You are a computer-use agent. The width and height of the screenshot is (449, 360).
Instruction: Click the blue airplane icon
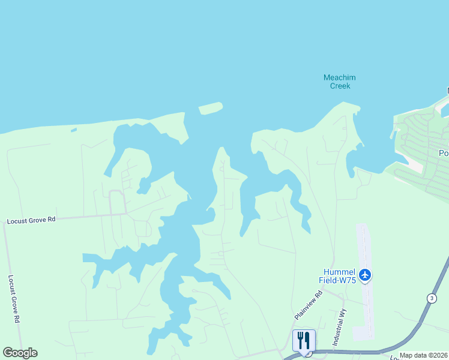[365, 275]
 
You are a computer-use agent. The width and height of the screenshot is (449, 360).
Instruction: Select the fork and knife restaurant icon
[304, 340]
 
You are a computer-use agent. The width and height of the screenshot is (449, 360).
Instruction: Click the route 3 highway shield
[431, 298]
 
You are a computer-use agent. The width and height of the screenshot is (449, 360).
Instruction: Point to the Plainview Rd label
[309, 305]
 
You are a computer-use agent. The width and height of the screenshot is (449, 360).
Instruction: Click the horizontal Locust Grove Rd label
[31, 220]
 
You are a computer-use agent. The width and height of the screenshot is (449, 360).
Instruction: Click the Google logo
[20, 353]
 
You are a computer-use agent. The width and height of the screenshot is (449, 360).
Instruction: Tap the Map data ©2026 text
[424, 355]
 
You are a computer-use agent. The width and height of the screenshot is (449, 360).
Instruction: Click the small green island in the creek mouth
[210, 108]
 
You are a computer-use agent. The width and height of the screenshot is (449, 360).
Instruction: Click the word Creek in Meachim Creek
[340, 86]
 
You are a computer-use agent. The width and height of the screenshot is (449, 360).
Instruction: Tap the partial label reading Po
[444, 153]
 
